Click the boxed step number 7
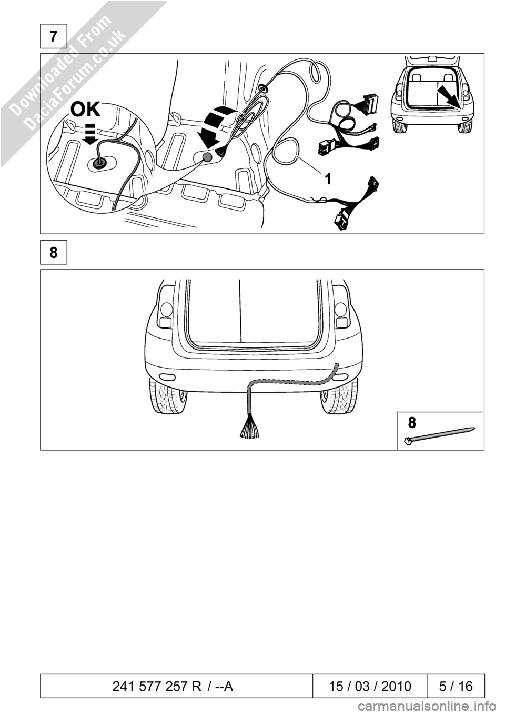[x=54, y=36]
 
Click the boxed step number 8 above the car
[x=54, y=253]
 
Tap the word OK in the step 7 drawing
[x=85, y=110]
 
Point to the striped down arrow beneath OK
[x=92, y=134]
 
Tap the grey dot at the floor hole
[x=208, y=157]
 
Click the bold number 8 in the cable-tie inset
[x=412, y=422]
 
